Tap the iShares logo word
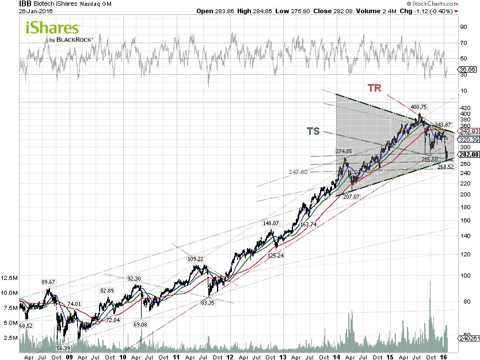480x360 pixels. coord(52,28)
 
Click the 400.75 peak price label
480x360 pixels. coord(419,107)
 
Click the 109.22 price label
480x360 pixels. coord(195,259)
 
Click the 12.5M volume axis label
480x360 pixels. coord(9,278)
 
